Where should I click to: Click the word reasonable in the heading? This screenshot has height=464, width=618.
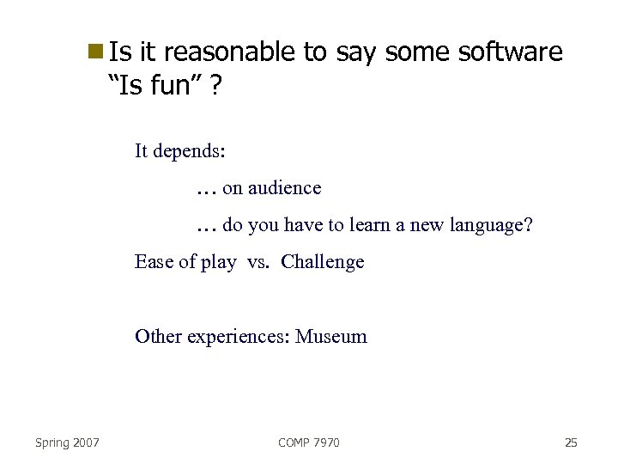pos(228,53)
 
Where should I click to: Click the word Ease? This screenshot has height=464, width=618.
pos(154,262)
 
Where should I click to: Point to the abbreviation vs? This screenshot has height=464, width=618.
pos(257,262)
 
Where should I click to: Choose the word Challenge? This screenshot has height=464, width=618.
pos(322,262)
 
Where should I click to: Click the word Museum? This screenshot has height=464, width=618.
pos(331,336)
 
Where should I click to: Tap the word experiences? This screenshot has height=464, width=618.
pos(236,337)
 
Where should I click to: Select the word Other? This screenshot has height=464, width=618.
pos(156,336)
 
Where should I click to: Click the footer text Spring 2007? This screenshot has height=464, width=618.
pos(67,443)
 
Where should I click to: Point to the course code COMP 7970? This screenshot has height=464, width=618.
pos(309,443)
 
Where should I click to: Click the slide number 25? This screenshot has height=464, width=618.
pos(571,443)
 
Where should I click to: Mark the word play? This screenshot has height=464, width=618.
pos(218,263)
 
